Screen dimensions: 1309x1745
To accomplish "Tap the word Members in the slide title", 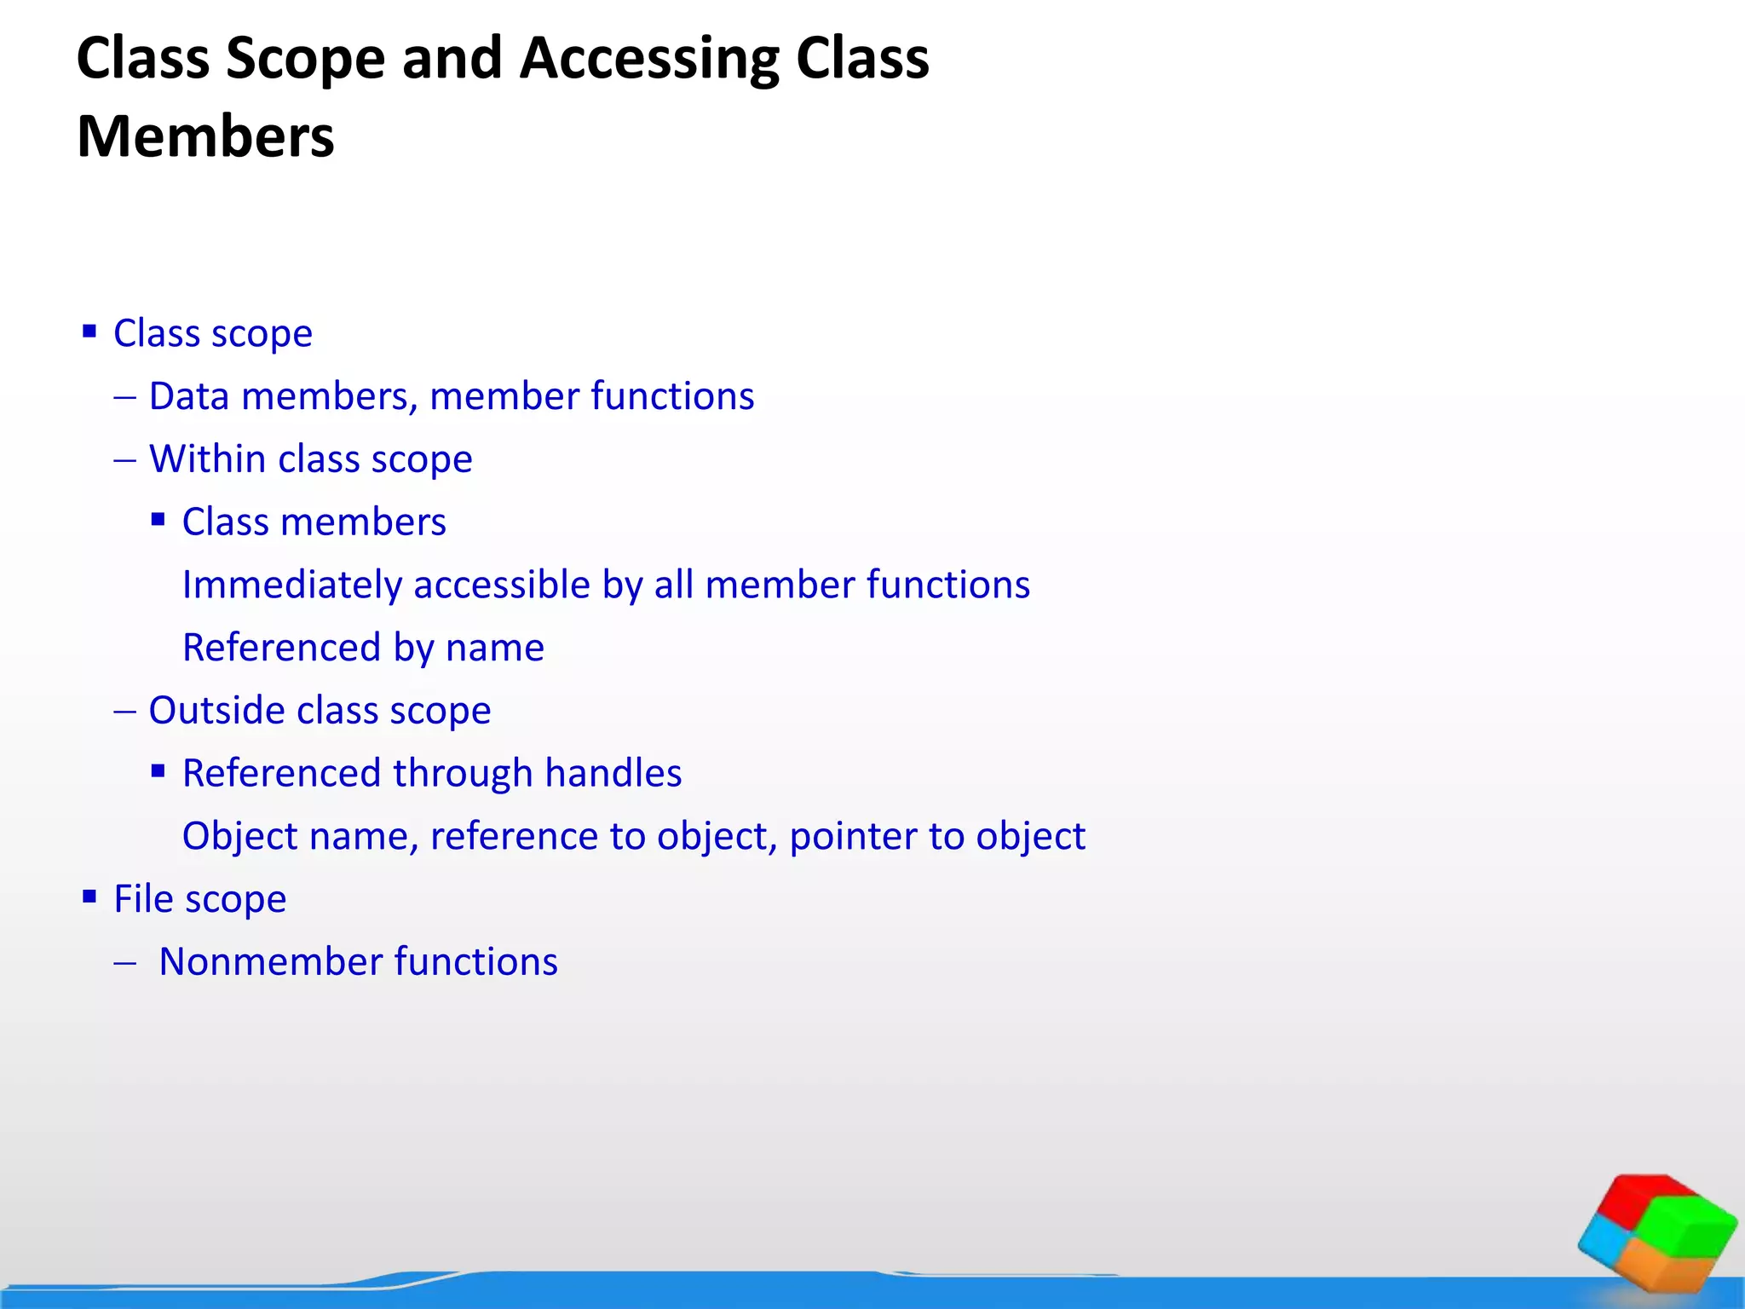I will pyautogui.click(x=205, y=137).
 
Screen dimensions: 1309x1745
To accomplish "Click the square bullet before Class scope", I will pyautogui.click(x=89, y=331).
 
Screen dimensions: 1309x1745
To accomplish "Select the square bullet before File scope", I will pyautogui.click(x=89, y=897).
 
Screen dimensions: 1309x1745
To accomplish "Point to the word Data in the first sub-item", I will pyautogui.click(x=189, y=396).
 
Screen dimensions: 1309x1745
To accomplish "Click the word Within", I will pyautogui.click(x=207, y=459).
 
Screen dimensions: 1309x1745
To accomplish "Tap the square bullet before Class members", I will pyautogui.click(x=158, y=519).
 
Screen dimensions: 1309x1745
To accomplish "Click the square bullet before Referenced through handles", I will pyautogui.click(x=158, y=771).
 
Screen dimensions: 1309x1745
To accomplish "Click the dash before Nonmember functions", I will pyautogui.click(x=125, y=963).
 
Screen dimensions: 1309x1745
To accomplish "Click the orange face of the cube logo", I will pyautogui.click(x=1666, y=1266).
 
